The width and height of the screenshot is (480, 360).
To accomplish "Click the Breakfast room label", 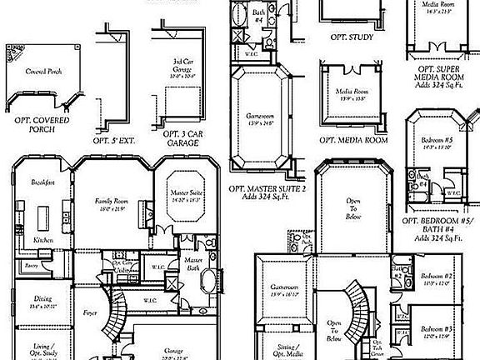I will (43, 182).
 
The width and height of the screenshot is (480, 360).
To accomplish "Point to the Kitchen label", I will (43, 240).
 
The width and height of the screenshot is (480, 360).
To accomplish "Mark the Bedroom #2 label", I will (436, 276).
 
